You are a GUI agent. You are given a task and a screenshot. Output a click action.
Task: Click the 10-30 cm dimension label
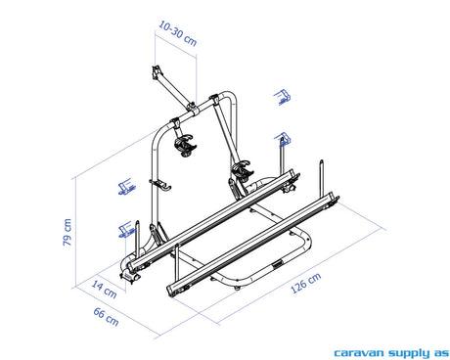[178, 33]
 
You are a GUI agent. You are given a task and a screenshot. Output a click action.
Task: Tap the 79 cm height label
[67, 232]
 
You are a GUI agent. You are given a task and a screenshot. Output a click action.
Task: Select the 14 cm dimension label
[104, 289]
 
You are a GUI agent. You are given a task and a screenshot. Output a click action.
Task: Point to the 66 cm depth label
[106, 316]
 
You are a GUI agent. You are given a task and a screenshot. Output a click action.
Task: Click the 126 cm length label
[305, 283]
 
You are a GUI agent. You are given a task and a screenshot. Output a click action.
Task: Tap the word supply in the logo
[409, 353]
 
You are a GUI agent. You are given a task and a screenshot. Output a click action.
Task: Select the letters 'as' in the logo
[441, 353]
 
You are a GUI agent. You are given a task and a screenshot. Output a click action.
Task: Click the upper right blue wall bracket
[282, 97]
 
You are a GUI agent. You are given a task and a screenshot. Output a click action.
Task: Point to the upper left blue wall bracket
[127, 187]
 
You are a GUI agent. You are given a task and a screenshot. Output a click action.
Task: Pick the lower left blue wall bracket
[126, 229]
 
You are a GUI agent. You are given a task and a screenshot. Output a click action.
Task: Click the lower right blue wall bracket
[283, 139]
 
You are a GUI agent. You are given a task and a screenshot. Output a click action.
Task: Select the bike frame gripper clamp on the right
[242, 170]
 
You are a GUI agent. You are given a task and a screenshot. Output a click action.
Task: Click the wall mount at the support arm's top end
[157, 72]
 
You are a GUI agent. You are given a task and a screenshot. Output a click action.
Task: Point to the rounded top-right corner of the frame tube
[231, 96]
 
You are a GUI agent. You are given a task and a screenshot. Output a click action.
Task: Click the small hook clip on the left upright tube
[160, 184]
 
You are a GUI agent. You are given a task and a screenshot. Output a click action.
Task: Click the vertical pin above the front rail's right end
[322, 179]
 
